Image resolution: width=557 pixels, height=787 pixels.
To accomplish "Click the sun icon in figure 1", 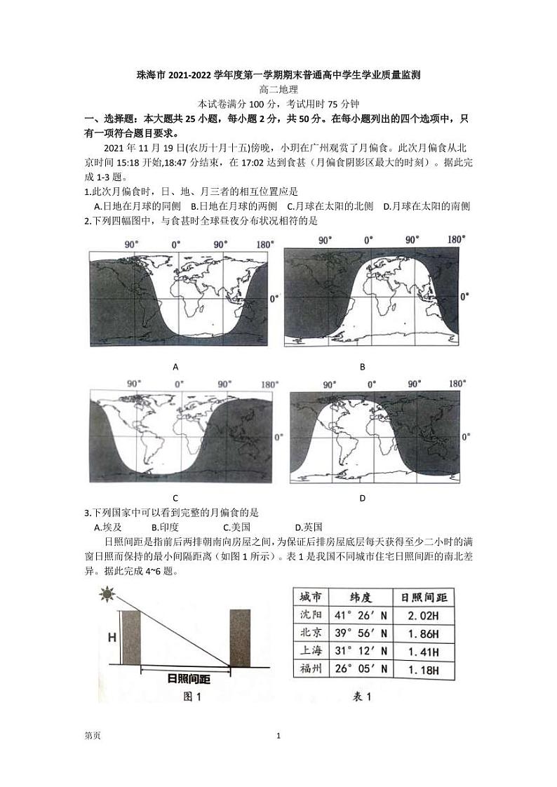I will (107, 596).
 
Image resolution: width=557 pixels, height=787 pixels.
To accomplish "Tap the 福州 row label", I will (311, 669).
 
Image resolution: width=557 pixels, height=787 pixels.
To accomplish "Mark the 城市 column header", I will (311, 597).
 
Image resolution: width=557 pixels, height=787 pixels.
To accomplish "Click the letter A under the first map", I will (175, 367).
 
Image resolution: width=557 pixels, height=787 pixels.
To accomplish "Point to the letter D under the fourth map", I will (363, 499).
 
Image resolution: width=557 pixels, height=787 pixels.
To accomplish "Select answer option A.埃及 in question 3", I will (108, 527).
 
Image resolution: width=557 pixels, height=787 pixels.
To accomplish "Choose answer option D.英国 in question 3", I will (309, 527).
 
